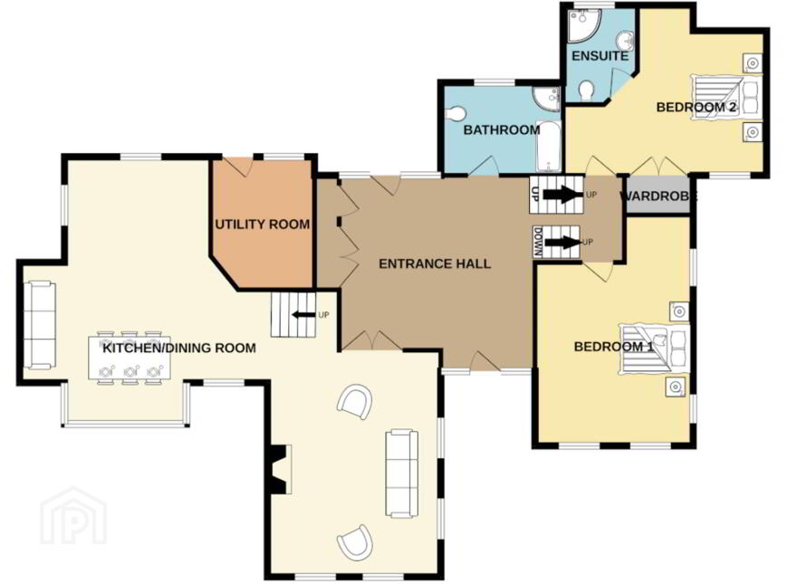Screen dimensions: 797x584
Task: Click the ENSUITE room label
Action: point(600,55)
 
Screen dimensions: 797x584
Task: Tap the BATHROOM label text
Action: point(502,130)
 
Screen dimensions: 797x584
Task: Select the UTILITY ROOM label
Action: point(263,225)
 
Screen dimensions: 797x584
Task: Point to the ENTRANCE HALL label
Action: point(435,263)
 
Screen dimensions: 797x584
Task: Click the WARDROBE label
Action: point(658,196)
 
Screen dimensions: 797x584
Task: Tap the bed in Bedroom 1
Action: point(654,349)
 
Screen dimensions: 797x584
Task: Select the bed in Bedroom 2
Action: point(726,97)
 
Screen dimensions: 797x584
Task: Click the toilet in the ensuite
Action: point(587,91)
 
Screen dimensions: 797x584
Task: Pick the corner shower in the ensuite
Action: point(582,25)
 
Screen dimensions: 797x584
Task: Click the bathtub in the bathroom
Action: point(549,147)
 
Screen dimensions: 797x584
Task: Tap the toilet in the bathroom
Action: point(455,113)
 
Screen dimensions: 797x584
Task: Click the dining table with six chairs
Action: point(130,358)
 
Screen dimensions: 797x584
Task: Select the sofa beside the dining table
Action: point(40,325)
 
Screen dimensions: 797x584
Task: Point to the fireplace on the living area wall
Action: point(280,469)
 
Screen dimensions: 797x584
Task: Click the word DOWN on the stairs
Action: point(538,242)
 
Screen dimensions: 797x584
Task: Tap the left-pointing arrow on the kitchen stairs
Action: point(302,315)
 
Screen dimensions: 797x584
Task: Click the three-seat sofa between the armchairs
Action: point(401,474)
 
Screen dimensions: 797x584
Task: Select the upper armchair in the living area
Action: point(355,401)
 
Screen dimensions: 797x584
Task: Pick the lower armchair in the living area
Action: point(355,541)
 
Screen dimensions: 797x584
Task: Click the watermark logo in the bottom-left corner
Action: point(73,516)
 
